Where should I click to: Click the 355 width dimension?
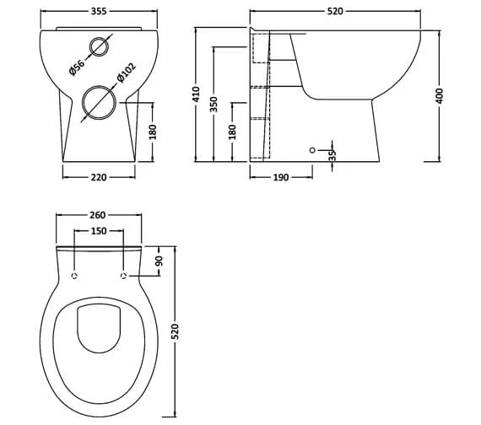click(100, 14)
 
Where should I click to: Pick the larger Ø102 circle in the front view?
click(100, 103)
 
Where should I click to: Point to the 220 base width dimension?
click(100, 177)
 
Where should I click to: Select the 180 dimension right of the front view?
click(153, 132)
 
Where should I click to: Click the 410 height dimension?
click(196, 94)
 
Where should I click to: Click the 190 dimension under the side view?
click(281, 177)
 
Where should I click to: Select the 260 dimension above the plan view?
click(100, 215)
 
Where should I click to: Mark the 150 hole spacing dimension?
click(100, 230)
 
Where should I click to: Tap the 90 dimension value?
click(159, 262)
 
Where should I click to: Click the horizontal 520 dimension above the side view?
click(343, 14)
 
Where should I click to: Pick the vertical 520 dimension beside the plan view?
click(176, 331)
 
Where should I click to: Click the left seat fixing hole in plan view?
click(75, 276)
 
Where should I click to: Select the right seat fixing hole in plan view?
click(123, 276)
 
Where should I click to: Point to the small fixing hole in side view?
click(312, 150)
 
